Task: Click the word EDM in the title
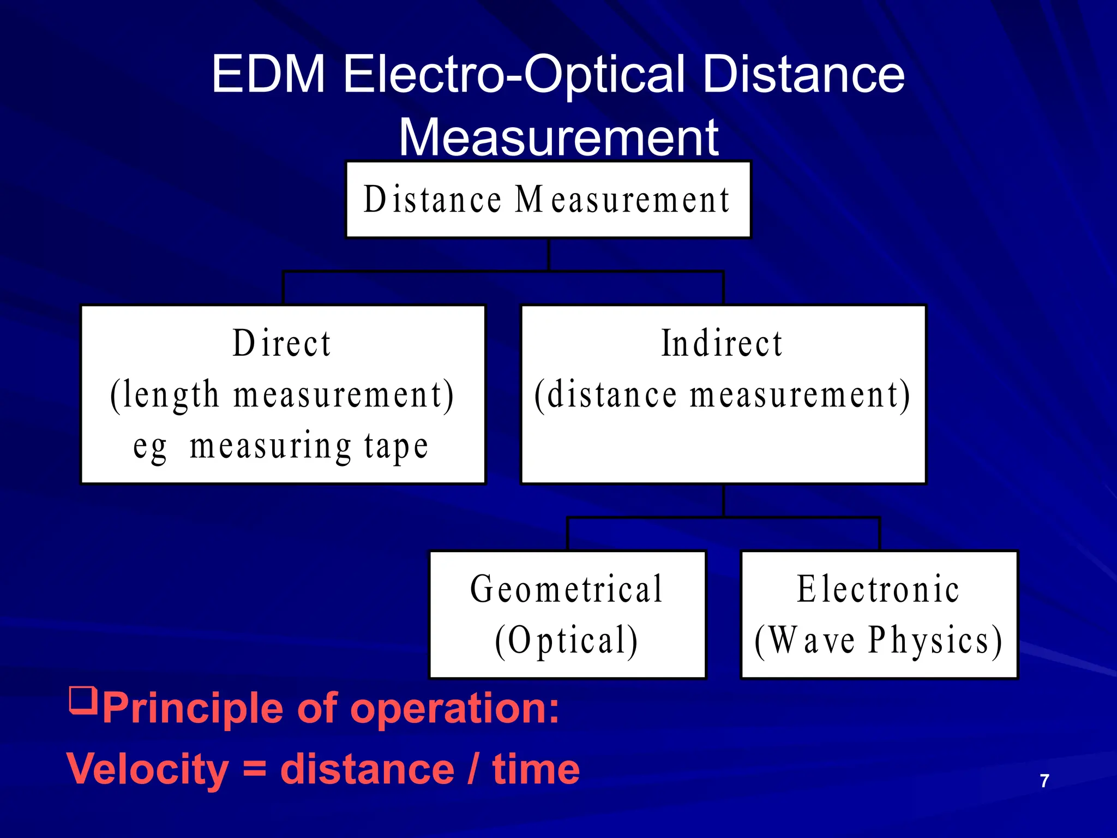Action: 268,75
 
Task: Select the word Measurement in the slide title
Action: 558,137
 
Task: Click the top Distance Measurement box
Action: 548,200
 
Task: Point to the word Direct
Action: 281,344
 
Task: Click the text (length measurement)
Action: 281,395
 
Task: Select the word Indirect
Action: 722,344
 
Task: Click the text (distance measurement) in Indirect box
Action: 722,395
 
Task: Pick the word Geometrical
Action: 567,590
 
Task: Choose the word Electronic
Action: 878,590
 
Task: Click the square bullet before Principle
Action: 83,702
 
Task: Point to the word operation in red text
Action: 454,709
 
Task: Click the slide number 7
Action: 1044,781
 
